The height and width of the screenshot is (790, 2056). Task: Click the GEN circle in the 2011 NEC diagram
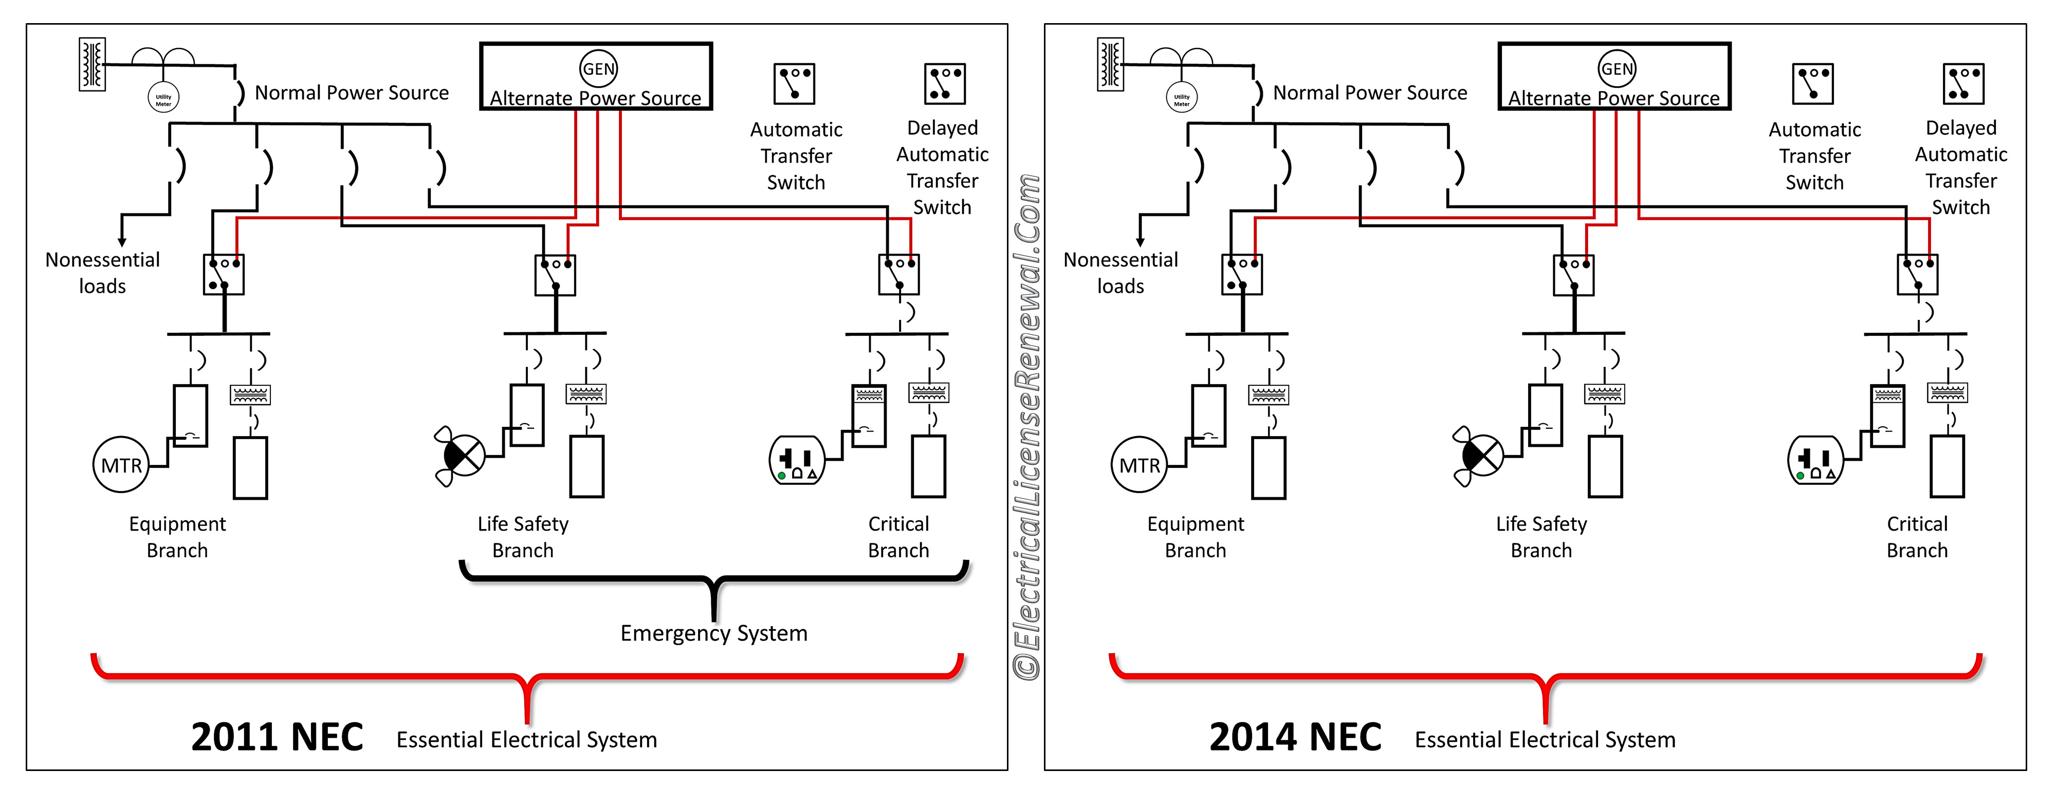599,69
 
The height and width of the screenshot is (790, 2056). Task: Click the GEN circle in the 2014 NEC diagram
1617,69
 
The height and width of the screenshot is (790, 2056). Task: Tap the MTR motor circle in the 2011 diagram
121,464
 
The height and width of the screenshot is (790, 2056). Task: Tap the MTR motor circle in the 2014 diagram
1140,464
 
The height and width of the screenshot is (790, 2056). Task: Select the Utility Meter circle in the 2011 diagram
163,98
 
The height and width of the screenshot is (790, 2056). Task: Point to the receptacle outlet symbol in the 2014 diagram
1815,460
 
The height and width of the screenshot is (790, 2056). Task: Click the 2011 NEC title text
277,737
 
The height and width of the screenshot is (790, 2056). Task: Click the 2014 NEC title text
1295,737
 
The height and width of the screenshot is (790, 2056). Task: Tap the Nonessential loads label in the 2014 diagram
1121,273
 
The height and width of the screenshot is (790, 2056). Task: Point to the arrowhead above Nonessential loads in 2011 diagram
121,242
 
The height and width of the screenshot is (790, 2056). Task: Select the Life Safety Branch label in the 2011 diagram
523,537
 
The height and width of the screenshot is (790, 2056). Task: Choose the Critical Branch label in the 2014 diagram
1917,537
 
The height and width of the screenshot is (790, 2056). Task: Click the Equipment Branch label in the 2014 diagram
1196,537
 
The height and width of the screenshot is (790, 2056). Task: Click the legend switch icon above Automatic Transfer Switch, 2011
794,84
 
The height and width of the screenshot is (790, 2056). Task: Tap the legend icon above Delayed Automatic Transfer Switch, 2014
1963,84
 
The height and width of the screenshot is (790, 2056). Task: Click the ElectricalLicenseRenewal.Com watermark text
1026,427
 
